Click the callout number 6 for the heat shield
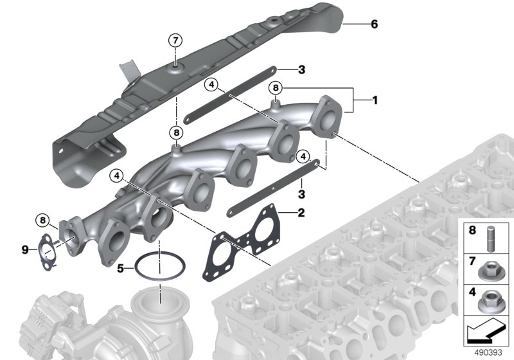click(374, 24)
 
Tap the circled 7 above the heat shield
click(175, 40)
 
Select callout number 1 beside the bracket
click(375, 100)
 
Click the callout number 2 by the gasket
click(301, 213)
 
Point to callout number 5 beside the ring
click(121, 269)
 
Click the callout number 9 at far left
click(25, 250)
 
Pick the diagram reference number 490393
click(488, 352)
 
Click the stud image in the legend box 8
click(491, 239)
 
